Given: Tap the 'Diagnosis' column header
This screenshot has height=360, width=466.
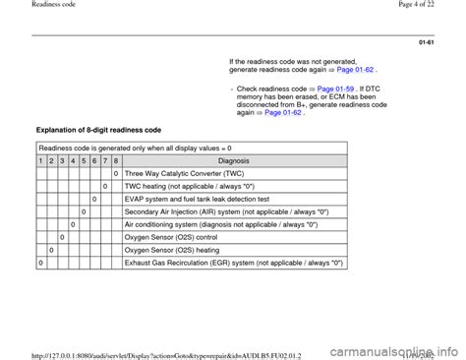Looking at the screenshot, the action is point(235,160).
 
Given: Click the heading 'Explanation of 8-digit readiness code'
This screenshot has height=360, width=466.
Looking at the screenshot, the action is point(98,130).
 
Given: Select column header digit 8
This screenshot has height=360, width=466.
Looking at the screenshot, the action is point(116,160).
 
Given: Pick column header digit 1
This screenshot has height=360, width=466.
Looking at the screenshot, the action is point(40,160).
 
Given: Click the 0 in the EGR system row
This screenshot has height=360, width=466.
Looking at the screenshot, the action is point(40,263).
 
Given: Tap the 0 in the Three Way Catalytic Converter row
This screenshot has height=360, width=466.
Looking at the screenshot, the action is point(116,173).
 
